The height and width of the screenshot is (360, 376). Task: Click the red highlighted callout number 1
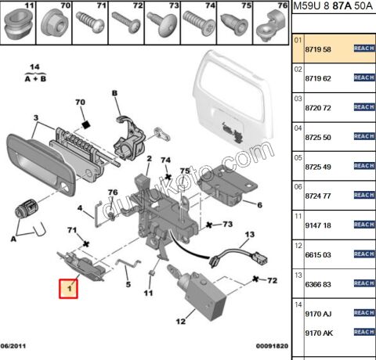[68, 289]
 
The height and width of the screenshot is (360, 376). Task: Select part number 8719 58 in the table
[318, 49]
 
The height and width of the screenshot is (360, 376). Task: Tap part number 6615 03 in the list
[318, 254]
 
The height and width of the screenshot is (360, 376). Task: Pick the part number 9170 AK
[319, 333]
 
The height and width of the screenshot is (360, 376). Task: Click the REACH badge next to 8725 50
[364, 136]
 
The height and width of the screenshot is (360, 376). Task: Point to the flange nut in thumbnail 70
[54, 23]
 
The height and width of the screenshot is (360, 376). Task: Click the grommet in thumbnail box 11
[18, 24]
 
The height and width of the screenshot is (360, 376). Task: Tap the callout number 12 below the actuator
[181, 322]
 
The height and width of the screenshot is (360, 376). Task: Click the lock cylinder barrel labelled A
[27, 209]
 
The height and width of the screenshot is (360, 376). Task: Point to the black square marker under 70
[85, 124]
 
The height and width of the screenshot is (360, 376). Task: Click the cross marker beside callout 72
[255, 279]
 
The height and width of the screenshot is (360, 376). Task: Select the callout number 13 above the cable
[250, 235]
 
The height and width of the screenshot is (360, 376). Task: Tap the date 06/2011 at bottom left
[13, 346]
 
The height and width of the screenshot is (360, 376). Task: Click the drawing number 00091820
[272, 346]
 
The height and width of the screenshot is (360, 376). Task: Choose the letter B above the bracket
[114, 93]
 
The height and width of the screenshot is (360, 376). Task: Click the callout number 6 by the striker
[259, 205]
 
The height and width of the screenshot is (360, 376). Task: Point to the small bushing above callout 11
[150, 273]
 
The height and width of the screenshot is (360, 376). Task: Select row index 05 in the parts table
[298, 157]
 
